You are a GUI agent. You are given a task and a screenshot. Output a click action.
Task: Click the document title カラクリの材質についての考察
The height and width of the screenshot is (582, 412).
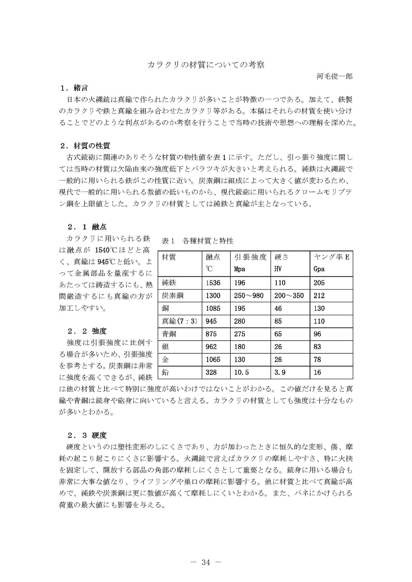pyautogui.click(x=206, y=65)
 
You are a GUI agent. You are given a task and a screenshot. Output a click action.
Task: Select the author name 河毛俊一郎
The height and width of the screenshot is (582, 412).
pyautogui.click(x=334, y=76)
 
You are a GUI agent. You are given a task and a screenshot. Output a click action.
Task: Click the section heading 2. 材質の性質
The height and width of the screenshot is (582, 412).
pyautogui.click(x=85, y=146)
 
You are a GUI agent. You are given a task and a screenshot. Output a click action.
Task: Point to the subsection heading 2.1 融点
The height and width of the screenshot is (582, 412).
pyautogui.click(x=87, y=227)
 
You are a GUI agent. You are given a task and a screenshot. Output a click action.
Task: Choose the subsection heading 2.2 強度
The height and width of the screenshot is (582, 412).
pyautogui.click(x=87, y=331)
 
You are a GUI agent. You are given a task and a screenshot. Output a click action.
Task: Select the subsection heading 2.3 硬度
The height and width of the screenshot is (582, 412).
pyautogui.click(x=87, y=435)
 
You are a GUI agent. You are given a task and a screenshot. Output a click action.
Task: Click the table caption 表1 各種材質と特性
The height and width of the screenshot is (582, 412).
pyautogui.click(x=197, y=241)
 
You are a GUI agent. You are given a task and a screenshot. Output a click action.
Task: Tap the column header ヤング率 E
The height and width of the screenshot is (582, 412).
pyautogui.click(x=331, y=257)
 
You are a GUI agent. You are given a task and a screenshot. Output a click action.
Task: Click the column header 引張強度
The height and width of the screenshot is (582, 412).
pyautogui.click(x=250, y=257)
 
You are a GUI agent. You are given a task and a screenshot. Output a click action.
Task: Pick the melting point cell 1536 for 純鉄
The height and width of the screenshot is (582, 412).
pyautogui.click(x=213, y=283)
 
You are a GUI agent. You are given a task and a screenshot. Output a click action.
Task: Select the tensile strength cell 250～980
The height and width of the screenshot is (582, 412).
pyautogui.click(x=249, y=296)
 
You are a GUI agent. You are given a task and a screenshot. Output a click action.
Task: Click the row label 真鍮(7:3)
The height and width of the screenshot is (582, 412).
pyautogui.click(x=179, y=321)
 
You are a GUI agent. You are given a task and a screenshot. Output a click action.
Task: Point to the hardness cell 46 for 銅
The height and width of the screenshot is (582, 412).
pyautogui.click(x=278, y=309)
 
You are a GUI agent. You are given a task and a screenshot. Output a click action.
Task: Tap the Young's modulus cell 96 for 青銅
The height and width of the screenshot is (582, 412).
pyautogui.click(x=317, y=334)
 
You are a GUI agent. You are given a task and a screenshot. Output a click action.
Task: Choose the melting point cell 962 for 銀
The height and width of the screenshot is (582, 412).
pyautogui.click(x=211, y=347)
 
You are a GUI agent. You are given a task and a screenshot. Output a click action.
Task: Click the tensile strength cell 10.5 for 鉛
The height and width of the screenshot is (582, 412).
pyautogui.click(x=241, y=372)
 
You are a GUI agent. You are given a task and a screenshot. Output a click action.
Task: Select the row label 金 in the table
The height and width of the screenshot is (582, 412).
pyautogui.click(x=165, y=360)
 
